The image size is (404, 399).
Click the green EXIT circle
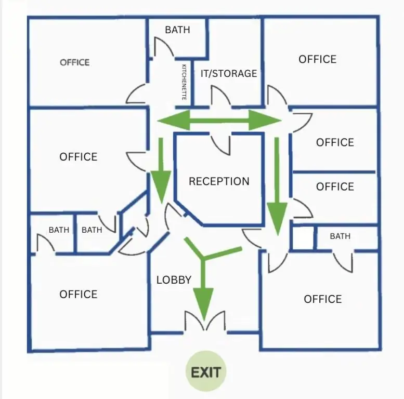(x=206, y=371)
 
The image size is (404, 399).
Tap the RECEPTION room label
(x=219, y=181)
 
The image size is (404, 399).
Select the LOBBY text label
(x=174, y=280)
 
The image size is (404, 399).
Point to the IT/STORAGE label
(x=229, y=74)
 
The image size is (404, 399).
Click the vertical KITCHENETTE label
(x=184, y=82)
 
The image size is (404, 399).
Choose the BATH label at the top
(x=177, y=30)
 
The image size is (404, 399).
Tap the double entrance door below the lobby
(x=205, y=321)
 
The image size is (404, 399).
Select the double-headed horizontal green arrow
(x=219, y=120)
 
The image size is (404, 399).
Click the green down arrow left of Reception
(x=161, y=171)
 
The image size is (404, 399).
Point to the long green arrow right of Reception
(x=277, y=187)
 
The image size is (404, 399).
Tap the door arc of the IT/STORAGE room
(x=221, y=96)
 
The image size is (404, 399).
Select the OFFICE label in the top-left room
(x=75, y=62)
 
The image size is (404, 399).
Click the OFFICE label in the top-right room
(x=317, y=59)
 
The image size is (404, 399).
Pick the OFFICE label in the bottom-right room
(x=323, y=299)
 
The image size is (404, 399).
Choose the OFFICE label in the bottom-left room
(x=79, y=294)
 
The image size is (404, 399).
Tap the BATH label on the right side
(x=340, y=236)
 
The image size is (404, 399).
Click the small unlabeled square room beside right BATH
(x=303, y=238)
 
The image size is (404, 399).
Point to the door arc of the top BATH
(x=164, y=47)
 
